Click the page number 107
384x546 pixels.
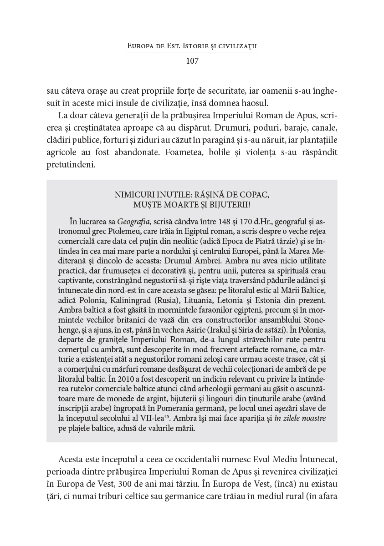(x=192, y=61)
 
